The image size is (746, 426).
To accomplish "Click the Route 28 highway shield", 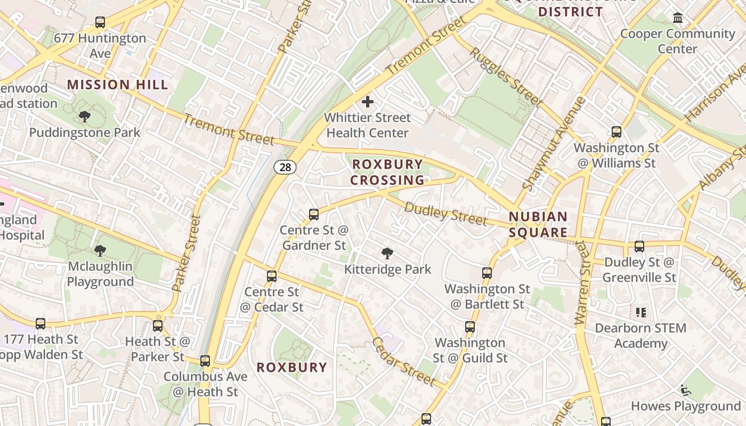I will [285, 167].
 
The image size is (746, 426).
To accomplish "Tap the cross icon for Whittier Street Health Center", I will [367, 101].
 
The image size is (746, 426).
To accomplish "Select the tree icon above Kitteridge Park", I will [387, 253].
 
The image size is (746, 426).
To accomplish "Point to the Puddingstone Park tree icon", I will [84, 117].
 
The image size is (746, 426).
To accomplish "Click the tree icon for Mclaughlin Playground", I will [100, 250].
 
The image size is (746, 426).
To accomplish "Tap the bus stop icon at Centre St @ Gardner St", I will [314, 215].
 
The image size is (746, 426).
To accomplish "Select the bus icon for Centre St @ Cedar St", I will [272, 276].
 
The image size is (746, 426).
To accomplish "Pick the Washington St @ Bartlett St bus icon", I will [486, 273].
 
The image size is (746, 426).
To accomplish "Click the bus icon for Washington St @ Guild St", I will [469, 327].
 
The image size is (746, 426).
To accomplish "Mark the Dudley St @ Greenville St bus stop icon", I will [639, 247].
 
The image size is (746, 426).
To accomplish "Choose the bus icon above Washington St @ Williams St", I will [617, 132].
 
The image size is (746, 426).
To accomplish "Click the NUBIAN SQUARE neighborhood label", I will [538, 225].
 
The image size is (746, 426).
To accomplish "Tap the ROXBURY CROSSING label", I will [387, 172].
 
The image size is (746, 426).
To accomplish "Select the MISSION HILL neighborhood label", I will [118, 85].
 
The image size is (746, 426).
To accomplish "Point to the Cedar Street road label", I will [403, 361].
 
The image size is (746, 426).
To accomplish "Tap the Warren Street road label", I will [583, 282].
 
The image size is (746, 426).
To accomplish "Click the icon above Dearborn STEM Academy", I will [640, 312].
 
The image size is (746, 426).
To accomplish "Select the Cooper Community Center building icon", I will [678, 18].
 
